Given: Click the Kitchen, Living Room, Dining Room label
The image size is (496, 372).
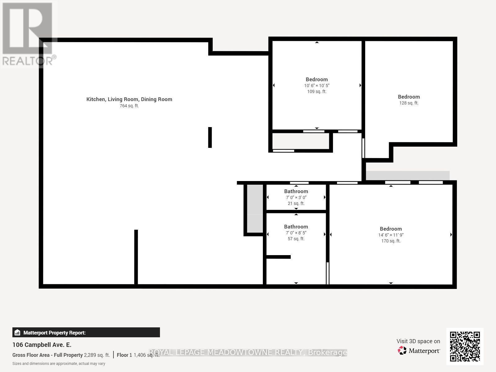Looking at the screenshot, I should (x=129, y=99).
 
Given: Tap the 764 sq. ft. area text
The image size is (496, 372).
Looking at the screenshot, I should (x=129, y=106).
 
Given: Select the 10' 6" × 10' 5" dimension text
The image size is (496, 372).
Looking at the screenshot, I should (x=317, y=86).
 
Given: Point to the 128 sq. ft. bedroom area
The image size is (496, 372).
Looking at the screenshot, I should (x=409, y=103).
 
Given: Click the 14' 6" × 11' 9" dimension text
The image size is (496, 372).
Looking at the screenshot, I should (x=391, y=235).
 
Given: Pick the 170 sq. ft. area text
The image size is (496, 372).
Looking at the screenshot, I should (x=391, y=241).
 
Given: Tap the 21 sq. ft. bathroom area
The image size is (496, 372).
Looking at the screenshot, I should (x=296, y=203).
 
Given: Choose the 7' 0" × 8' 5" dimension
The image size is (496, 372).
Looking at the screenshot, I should (x=296, y=233).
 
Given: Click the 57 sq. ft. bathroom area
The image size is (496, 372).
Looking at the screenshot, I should (x=296, y=239).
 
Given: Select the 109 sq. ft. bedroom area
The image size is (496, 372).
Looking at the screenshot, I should (x=317, y=91).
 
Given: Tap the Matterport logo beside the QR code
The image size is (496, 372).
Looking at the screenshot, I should (x=418, y=351).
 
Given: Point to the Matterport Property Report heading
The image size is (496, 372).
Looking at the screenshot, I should (x=55, y=333).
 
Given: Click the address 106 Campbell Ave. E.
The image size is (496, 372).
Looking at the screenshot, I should (x=42, y=345).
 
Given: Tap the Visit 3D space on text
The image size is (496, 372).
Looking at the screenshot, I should (x=418, y=341).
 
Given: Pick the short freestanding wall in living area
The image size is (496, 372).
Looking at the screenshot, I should (x=210, y=137).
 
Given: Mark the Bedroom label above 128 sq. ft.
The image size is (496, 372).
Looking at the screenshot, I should (x=409, y=97).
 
